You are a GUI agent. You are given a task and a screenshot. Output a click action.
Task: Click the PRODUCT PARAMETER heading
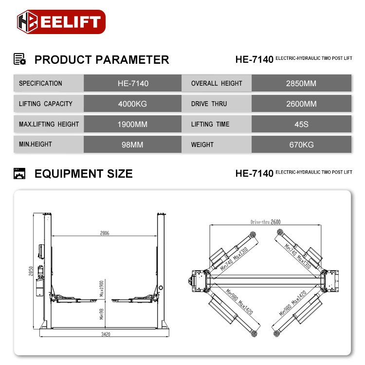(102, 60)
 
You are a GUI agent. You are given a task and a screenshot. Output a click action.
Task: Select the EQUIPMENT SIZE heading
(83, 174)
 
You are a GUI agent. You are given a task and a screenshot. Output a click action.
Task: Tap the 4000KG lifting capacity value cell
(132, 104)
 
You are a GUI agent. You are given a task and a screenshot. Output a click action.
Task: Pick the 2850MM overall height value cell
(301, 83)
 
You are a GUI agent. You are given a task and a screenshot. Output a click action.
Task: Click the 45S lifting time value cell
(301, 124)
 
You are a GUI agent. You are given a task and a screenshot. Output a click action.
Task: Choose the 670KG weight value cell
(301, 145)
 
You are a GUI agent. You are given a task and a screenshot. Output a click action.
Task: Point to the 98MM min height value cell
(132, 145)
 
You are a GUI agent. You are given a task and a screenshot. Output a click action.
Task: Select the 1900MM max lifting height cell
(132, 124)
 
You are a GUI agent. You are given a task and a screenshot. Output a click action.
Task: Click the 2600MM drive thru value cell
(301, 104)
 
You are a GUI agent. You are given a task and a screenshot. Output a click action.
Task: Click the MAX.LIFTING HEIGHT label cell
(49, 124)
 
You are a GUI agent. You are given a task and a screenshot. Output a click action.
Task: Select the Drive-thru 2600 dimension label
(265, 222)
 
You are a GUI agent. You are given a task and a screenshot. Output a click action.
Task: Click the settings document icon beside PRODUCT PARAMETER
(19, 59)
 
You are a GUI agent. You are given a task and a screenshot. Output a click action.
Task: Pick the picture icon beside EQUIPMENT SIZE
(19, 173)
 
